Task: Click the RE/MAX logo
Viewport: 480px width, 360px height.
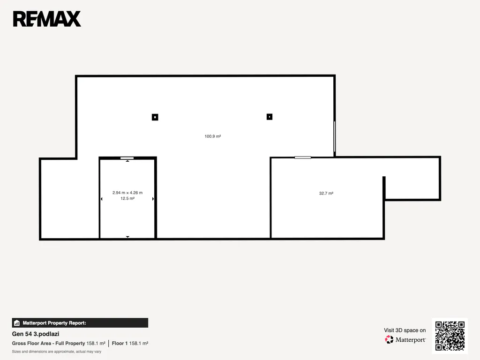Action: click(x=47, y=19)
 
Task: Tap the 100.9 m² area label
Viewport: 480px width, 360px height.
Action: click(x=213, y=136)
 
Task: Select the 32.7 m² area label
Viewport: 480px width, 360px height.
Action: click(x=326, y=193)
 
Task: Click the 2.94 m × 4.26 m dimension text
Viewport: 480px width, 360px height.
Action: click(x=127, y=193)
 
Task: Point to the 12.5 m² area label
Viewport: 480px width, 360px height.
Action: click(x=127, y=198)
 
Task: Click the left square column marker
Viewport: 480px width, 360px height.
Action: click(x=155, y=117)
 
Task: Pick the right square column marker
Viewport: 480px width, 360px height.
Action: click(x=270, y=117)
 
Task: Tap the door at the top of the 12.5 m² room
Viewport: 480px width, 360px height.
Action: click(x=127, y=158)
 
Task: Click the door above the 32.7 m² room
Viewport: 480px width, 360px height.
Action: click(x=303, y=157)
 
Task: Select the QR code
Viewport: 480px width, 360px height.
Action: click(x=450, y=336)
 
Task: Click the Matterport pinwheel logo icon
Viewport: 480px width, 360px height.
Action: click(x=389, y=339)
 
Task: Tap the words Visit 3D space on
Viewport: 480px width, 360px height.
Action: click(x=405, y=330)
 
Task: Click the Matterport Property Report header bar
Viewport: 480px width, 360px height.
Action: click(x=80, y=322)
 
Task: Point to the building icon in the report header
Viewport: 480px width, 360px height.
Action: click(x=17, y=323)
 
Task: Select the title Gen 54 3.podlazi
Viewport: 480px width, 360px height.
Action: click(x=36, y=334)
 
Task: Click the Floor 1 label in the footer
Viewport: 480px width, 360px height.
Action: click(x=120, y=344)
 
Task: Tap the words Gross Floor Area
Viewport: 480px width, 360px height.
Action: click(x=31, y=344)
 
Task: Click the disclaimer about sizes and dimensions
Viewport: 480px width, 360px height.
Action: click(x=57, y=352)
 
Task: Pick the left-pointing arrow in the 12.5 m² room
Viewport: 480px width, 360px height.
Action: click(x=101, y=199)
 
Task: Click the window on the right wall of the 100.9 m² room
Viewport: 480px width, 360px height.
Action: click(x=335, y=136)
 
